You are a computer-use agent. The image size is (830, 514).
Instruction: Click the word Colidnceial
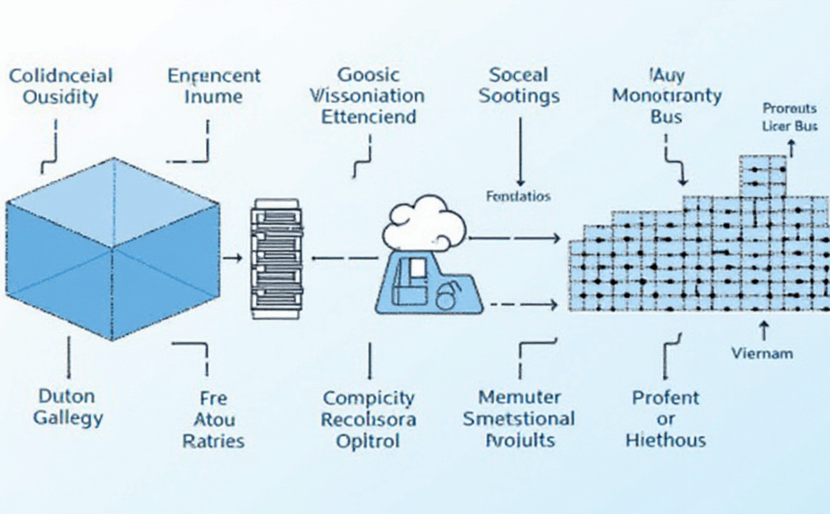tap(60, 75)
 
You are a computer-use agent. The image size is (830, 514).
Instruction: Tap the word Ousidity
tap(59, 97)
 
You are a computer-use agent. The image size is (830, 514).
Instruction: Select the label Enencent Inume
tap(214, 86)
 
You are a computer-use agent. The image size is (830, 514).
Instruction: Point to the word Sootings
tap(519, 95)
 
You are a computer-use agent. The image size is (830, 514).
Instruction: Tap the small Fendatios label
tap(519, 196)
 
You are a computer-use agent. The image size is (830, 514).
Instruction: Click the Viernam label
tap(761, 353)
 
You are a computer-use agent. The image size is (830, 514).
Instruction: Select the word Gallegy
tap(68, 417)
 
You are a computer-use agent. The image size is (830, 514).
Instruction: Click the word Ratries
tap(213, 440)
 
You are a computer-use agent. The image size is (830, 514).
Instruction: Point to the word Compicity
tap(369, 397)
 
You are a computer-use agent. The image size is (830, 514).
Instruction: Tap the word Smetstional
tap(519, 419)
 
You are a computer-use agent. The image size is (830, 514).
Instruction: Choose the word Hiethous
tap(666, 440)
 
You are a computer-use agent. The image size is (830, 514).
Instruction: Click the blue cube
tap(112, 249)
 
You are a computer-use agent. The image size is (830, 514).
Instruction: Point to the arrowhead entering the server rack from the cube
tap(238, 258)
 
